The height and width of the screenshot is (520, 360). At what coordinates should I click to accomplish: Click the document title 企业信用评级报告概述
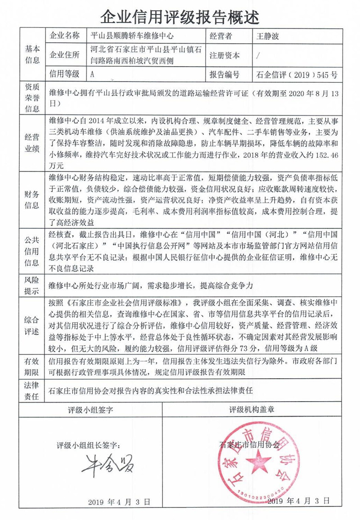[x=180, y=17]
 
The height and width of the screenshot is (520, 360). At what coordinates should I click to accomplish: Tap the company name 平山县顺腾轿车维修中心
[x=132, y=36]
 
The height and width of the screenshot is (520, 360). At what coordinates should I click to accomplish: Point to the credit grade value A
[x=92, y=75]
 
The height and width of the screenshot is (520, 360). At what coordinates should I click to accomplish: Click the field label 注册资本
[x=225, y=55]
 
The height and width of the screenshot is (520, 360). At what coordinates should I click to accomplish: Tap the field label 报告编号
[x=225, y=75]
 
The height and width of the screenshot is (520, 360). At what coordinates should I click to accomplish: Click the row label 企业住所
[x=65, y=55]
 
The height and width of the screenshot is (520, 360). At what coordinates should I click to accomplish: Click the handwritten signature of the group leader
[x=107, y=466]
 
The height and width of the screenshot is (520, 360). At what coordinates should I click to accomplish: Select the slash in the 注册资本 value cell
[x=257, y=56]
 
